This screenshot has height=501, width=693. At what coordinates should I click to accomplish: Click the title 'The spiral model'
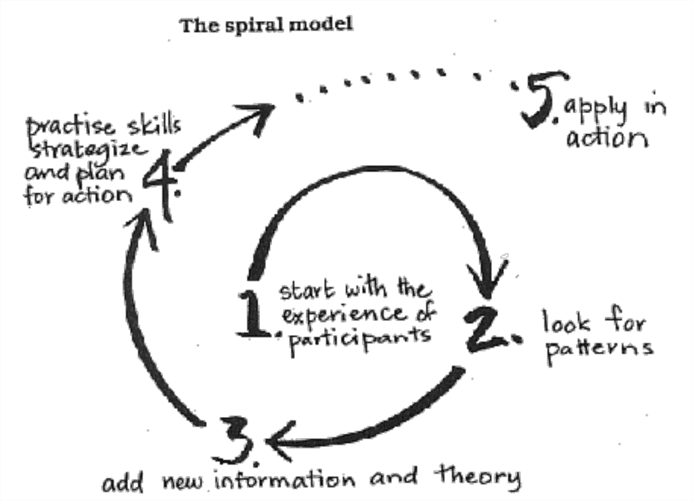click(x=266, y=25)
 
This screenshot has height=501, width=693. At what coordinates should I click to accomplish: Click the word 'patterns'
click(x=598, y=348)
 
